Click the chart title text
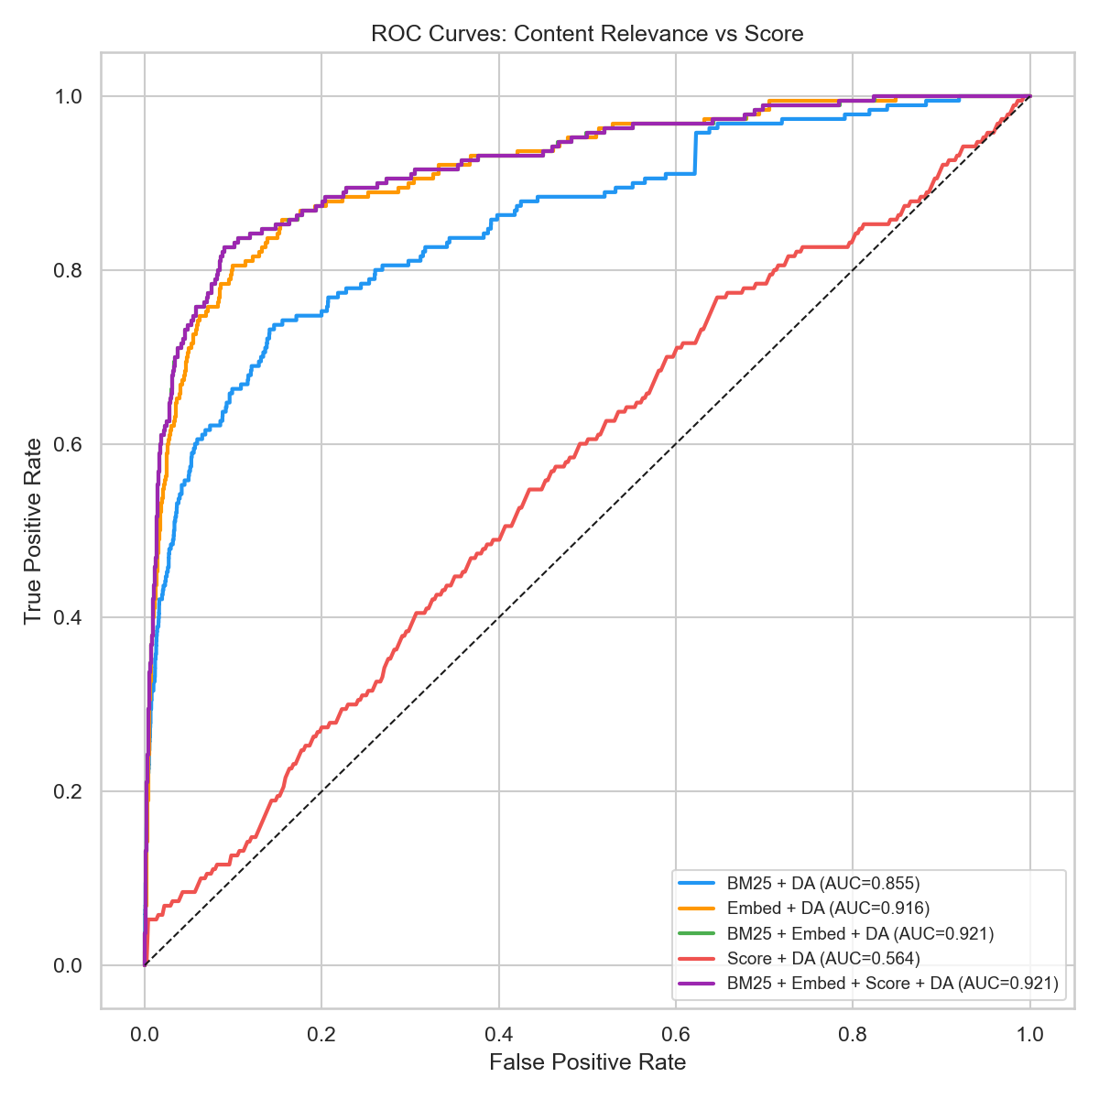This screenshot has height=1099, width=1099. pyautogui.click(x=587, y=35)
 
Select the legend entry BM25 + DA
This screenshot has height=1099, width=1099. pyautogui.click(x=822, y=884)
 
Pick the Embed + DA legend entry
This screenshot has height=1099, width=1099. pyautogui.click(x=828, y=909)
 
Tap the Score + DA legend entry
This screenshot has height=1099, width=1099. pyautogui.click(x=822, y=958)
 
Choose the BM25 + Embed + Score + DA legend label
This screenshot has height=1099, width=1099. pyautogui.click(x=892, y=984)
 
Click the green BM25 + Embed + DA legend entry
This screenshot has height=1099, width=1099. pyautogui.click(x=860, y=933)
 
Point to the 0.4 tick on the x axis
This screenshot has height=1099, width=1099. pyautogui.click(x=498, y=1035)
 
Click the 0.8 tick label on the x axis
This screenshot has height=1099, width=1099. pyautogui.click(x=853, y=1035)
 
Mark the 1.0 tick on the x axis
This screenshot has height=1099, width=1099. pyautogui.click(x=1030, y=1035)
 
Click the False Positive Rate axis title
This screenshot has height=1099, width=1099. pyautogui.click(x=587, y=1062)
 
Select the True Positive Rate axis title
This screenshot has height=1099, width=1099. pyautogui.click(x=33, y=531)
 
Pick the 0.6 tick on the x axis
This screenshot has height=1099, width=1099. pyautogui.click(x=675, y=1035)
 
